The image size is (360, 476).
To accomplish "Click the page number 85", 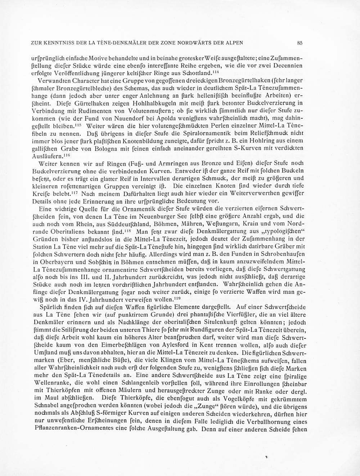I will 300,43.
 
